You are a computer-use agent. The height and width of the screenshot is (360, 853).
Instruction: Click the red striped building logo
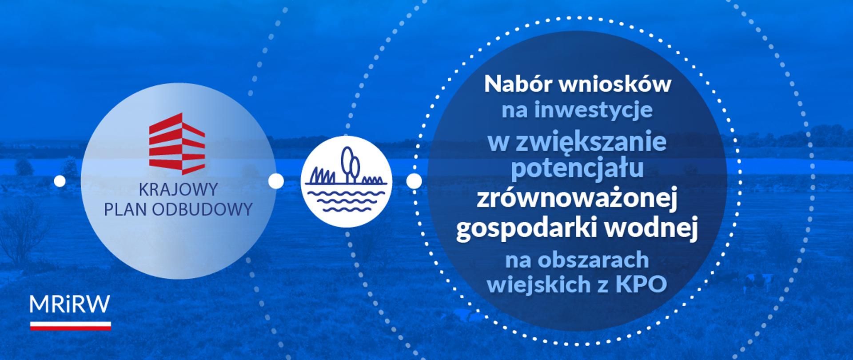coord(177,143)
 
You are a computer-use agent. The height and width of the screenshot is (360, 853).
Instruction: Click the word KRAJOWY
coord(178,189)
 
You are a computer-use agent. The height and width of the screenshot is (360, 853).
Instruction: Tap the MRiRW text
coord(70,305)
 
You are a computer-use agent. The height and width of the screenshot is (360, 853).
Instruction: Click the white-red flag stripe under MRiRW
coord(70,326)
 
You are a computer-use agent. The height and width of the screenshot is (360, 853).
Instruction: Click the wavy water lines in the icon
coord(346,200)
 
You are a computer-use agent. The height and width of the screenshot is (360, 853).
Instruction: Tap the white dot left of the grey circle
coord(60,181)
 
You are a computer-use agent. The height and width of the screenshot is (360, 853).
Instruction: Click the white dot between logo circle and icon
coord(276,181)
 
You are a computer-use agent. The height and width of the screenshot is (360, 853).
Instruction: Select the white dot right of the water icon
coord(414,181)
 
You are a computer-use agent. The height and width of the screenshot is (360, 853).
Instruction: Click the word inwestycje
coord(594,110)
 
